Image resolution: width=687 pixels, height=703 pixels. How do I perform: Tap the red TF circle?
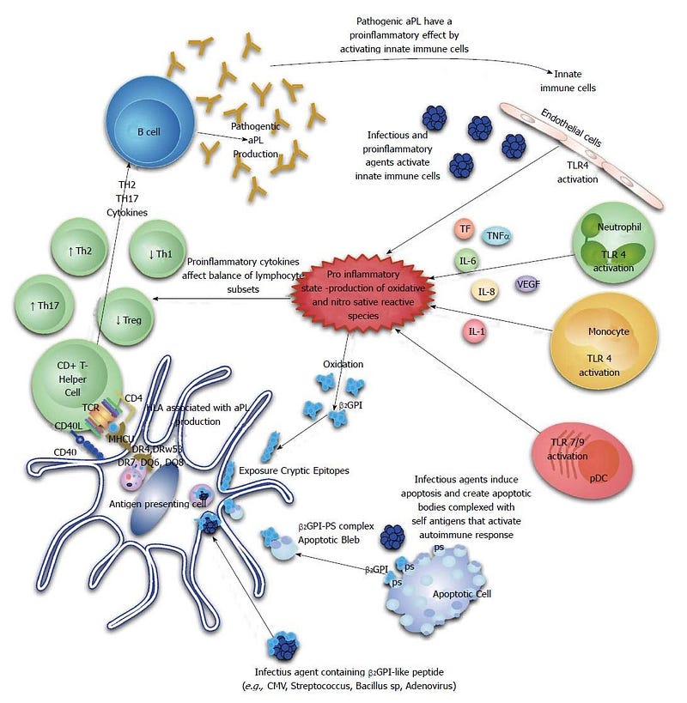(x=465, y=229)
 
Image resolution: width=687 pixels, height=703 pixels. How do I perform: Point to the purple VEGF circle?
(x=527, y=283)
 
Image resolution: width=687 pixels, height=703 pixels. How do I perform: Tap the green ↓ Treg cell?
(x=129, y=321)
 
